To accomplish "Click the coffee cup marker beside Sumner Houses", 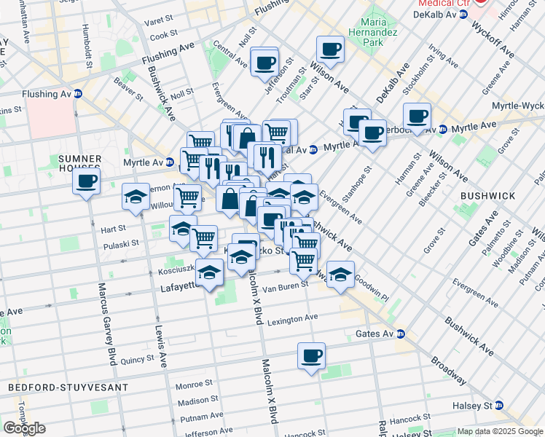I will [x=86, y=182].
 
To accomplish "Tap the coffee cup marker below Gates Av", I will [x=311, y=357].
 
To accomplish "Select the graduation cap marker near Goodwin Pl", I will [x=340, y=275].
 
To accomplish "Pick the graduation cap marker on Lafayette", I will [x=209, y=273].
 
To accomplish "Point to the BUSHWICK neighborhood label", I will [x=487, y=196].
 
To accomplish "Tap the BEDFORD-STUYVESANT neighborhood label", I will [x=68, y=387].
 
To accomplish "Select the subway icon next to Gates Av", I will [x=401, y=334].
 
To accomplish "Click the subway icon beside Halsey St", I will [x=499, y=405].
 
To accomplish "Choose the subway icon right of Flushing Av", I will [x=77, y=93].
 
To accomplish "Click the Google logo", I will [x=24, y=428].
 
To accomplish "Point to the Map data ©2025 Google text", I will [x=500, y=431].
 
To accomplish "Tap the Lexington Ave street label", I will [x=292, y=320].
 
